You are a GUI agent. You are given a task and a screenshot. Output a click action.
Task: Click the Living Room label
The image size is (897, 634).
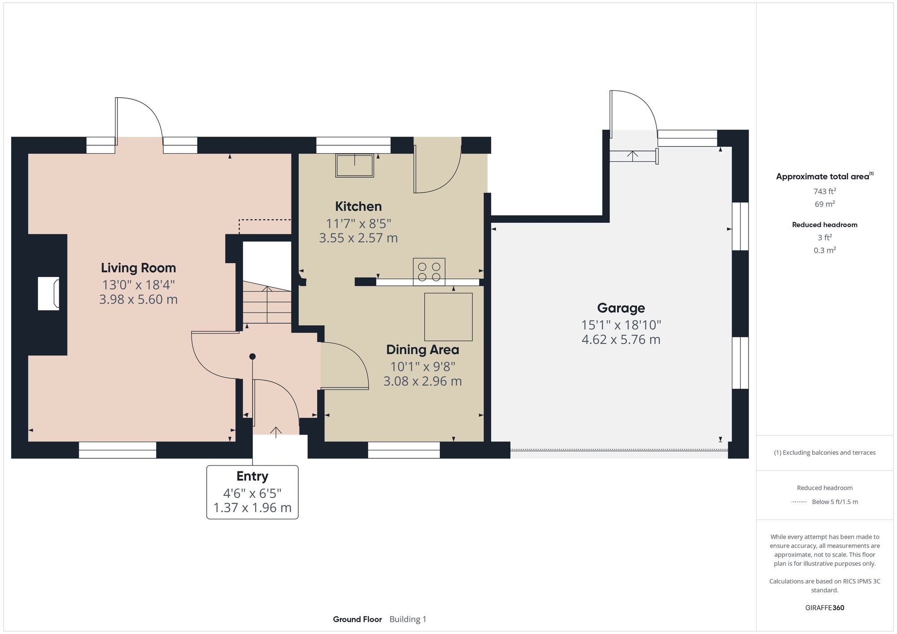[138, 268]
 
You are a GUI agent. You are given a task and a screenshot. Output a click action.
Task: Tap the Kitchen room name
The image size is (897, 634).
[358, 207]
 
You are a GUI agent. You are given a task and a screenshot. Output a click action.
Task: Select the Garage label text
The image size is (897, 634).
[621, 308]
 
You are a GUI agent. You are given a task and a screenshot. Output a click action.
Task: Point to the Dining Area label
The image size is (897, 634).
[422, 350]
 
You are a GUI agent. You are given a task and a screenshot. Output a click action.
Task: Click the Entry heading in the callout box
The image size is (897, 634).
[252, 476]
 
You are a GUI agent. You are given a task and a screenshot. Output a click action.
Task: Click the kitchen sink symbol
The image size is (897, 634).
[355, 165]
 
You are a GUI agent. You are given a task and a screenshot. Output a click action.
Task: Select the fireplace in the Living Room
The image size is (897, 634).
[48, 293]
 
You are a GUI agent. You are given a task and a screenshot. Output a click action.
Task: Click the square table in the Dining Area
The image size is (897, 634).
[448, 317]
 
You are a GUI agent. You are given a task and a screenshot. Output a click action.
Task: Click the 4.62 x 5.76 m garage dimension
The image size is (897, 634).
[621, 340]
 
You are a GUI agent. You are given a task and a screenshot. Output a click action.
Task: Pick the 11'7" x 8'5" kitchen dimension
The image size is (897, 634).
[358, 224]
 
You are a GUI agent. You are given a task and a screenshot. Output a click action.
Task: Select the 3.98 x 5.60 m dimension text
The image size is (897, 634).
[138, 299]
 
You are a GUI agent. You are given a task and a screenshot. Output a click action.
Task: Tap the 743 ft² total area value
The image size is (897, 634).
[824, 191]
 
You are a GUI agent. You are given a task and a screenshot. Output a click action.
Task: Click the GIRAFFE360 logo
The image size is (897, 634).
[824, 608]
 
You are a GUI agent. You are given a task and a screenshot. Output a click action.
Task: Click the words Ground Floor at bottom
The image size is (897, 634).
[357, 619]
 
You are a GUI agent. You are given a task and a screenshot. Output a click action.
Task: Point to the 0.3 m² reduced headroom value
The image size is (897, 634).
[824, 250]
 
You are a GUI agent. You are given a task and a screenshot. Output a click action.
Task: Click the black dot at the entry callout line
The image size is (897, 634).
[253, 357]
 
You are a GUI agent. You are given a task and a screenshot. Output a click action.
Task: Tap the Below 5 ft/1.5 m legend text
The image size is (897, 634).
[834, 502]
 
